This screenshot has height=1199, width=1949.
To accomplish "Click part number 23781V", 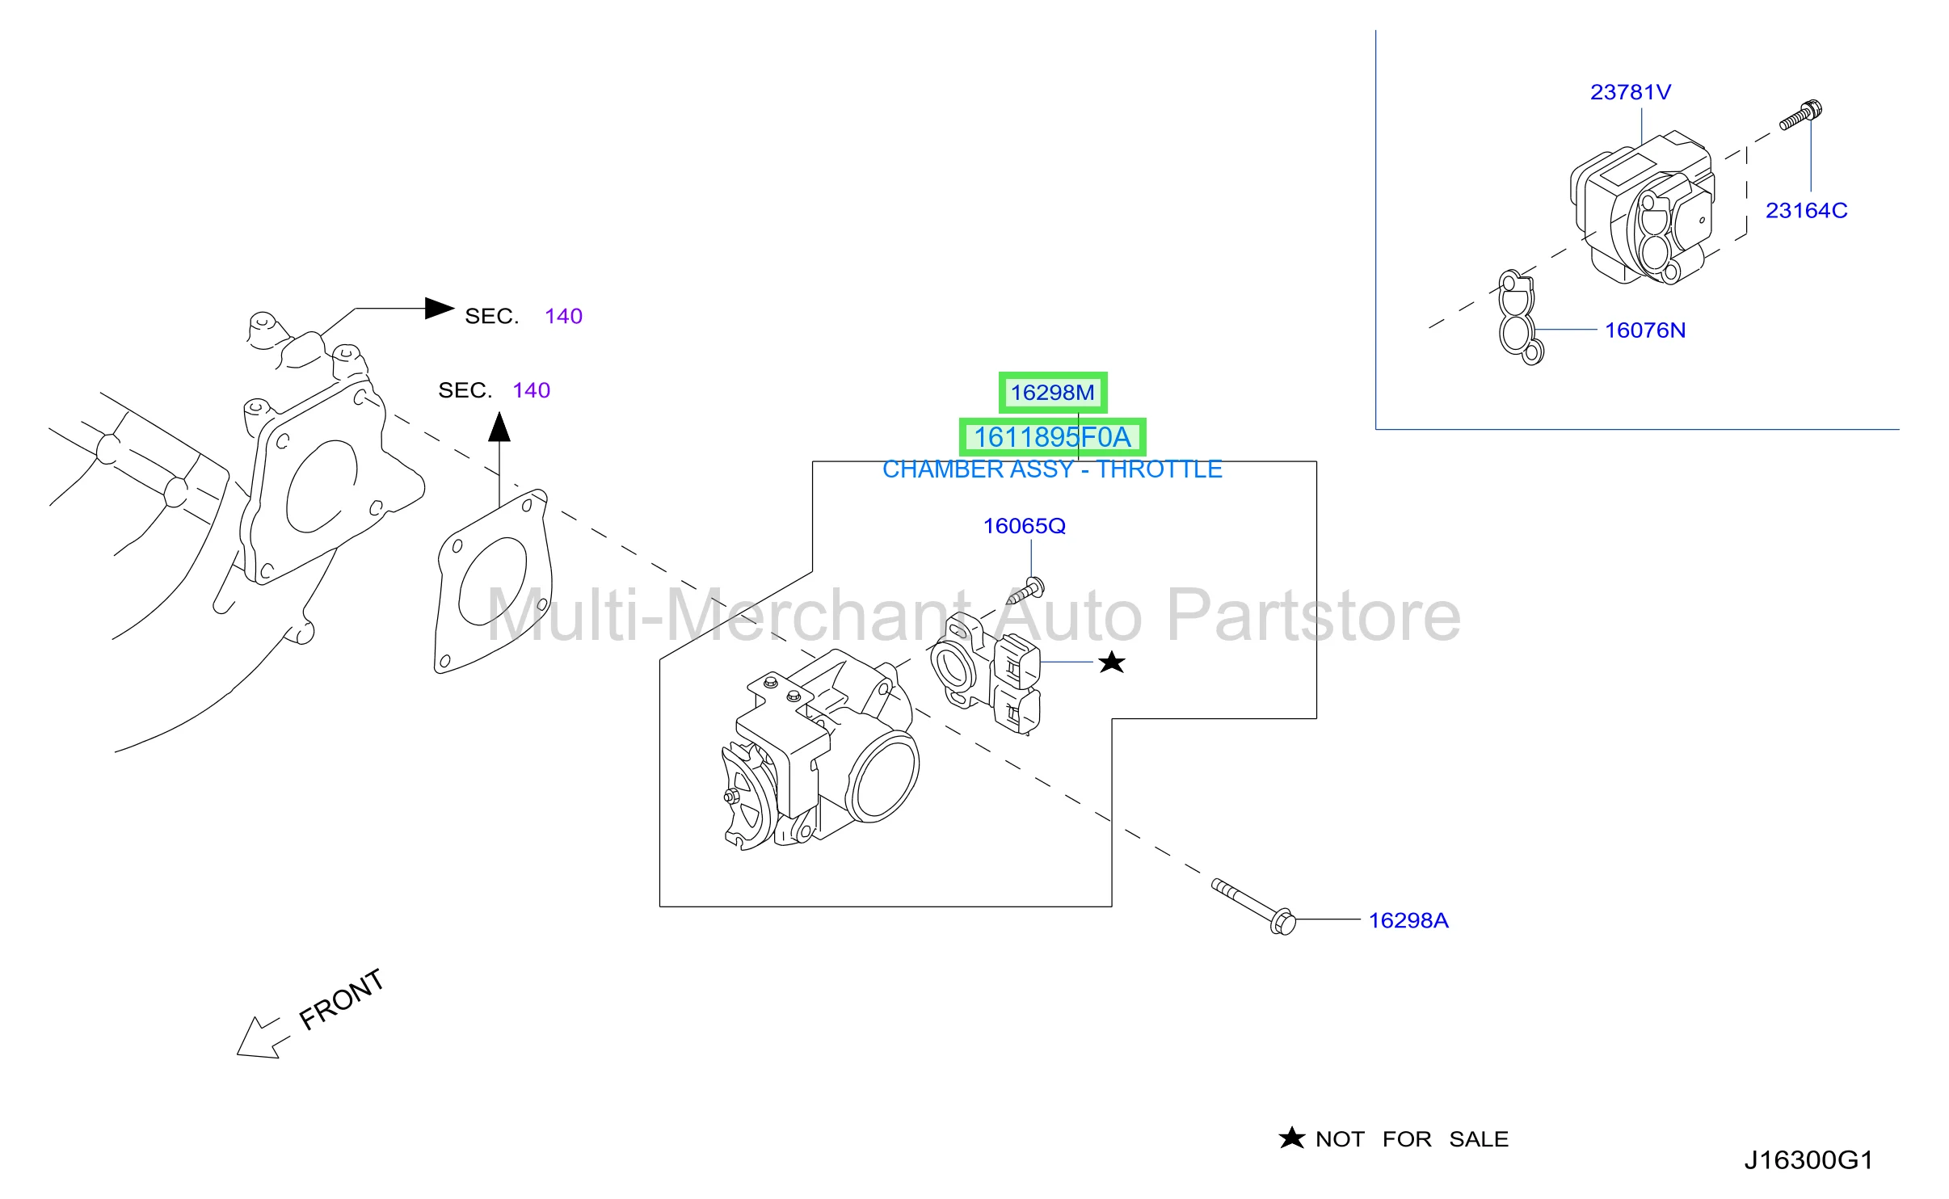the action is tap(1630, 92).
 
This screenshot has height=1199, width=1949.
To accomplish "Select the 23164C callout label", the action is tap(1806, 210).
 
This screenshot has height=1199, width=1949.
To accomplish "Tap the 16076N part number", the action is tap(1644, 330).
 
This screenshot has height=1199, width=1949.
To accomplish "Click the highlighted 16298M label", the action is tap(1052, 393).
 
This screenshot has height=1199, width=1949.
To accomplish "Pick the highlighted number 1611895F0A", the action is tap(1052, 437).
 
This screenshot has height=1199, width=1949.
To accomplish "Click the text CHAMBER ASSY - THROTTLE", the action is tap(1052, 469).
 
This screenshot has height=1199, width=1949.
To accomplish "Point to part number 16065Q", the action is tap(1024, 526).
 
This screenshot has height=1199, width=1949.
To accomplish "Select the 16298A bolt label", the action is tap(1408, 920).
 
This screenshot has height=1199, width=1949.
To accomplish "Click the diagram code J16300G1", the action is tap(1808, 1160).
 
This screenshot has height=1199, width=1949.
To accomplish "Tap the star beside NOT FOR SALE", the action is tap(1291, 1138).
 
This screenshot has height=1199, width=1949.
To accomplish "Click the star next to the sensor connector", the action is tap(1112, 663).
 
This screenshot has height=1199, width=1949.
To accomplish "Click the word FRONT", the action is tap(341, 999).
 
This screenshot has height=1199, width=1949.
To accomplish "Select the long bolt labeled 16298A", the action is tap(1253, 907).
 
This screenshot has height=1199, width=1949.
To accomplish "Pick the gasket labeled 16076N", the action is tap(1519, 318).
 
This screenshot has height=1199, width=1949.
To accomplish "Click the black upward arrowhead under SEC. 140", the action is tap(499, 427).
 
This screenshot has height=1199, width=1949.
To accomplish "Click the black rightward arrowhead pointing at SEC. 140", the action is tap(440, 308).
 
